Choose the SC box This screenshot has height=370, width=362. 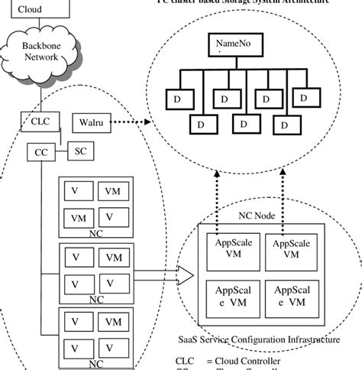(80, 151)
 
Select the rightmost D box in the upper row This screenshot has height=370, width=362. (303, 99)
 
